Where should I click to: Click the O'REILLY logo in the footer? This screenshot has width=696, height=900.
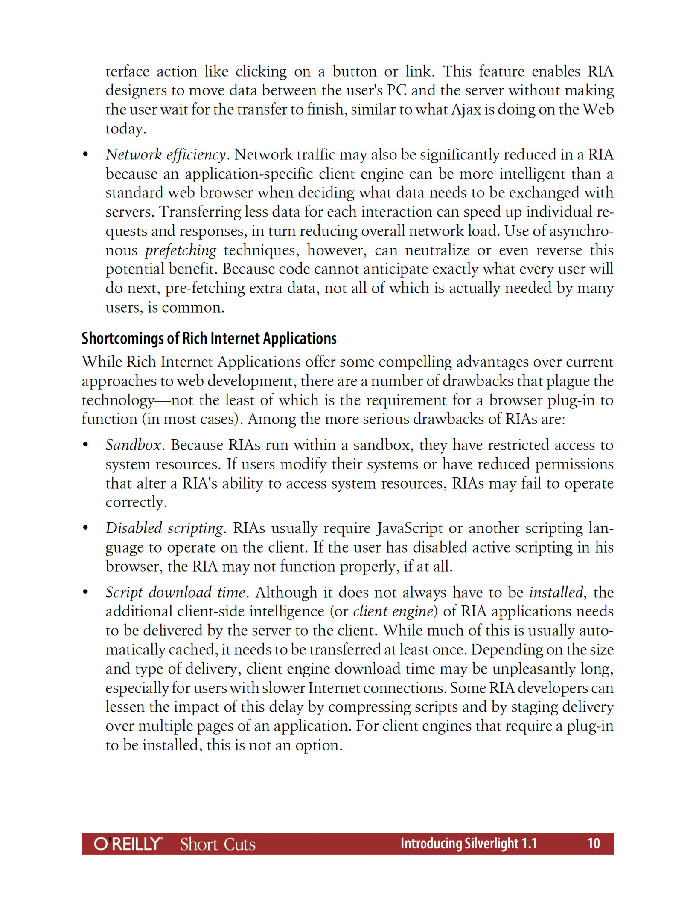coord(128,844)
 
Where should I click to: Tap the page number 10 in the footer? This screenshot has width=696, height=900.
coord(593,843)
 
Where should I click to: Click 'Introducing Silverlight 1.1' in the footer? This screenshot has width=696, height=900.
coord(468,843)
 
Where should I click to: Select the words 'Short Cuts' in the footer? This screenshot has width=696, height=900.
coord(218,844)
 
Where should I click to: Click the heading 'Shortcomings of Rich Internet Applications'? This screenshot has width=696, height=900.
coord(209,339)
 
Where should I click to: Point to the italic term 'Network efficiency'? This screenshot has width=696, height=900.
coord(166,154)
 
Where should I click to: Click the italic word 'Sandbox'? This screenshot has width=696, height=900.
coord(133,445)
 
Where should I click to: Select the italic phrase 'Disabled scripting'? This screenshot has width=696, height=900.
coord(164,528)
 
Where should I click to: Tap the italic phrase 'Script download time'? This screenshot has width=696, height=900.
coord(175,592)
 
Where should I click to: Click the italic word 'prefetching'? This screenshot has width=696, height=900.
coord(181,250)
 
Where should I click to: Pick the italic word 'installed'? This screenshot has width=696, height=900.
coord(556,592)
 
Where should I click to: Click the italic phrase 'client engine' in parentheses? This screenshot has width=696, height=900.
coord(393,611)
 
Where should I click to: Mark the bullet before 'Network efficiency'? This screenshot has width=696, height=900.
coord(85,154)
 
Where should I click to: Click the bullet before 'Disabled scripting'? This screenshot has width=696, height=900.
coord(85,528)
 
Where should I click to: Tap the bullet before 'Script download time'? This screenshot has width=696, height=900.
coord(85,592)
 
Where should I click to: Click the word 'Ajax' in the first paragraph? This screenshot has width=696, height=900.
coord(466,110)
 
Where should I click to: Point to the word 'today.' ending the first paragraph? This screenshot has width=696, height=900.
coord(126,129)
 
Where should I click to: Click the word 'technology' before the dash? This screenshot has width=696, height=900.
coord(118,400)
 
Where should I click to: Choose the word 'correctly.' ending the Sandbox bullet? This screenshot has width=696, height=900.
coord(136,502)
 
